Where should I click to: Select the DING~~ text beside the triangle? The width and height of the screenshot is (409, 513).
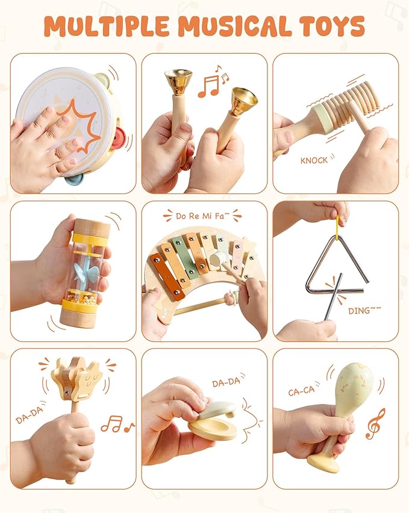click(363, 311)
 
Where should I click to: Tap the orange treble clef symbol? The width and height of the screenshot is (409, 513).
click(375, 423)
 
